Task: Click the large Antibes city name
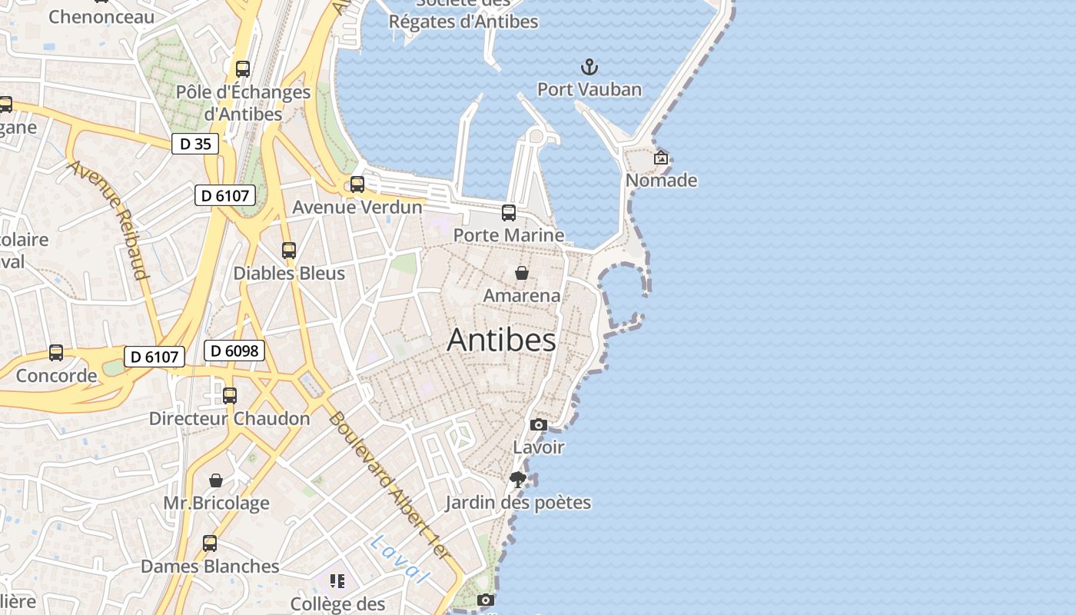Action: (501, 340)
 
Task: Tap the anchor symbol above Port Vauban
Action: (589, 67)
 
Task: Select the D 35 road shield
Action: (194, 144)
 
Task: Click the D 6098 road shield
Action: (234, 351)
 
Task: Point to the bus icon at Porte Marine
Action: (509, 213)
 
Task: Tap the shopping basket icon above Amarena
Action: (521, 273)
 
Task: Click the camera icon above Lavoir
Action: (539, 424)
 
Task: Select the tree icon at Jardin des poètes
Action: (518, 480)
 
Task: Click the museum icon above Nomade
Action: (661, 158)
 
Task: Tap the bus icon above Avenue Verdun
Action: (357, 184)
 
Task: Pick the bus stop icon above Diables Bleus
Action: (289, 250)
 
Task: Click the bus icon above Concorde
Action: (56, 353)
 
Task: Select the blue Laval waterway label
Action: (397, 559)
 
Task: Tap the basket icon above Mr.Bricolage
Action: (216, 480)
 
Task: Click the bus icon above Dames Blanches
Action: (210, 544)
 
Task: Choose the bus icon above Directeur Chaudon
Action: (230, 396)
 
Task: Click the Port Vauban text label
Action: (589, 89)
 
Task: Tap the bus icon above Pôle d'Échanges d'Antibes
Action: (243, 69)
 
